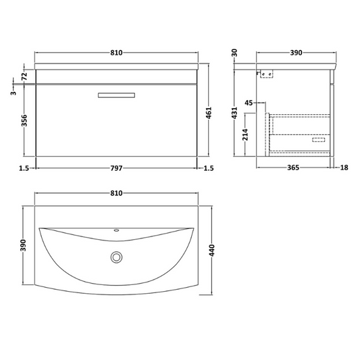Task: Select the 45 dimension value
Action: pyautogui.click(x=249, y=103)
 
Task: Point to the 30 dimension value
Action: pyautogui.click(x=236, y=53)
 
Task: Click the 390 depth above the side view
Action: pyautogui.click(x=295, y=52)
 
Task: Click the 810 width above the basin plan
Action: pyautogui.click(x=116, y=193)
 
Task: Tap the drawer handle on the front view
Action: pyautogui.click(x=116, y=95)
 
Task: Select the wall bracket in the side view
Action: pyautogui.click(x=265, y=74)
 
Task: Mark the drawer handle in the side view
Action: pyautogui.click(x=318, y=142)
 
